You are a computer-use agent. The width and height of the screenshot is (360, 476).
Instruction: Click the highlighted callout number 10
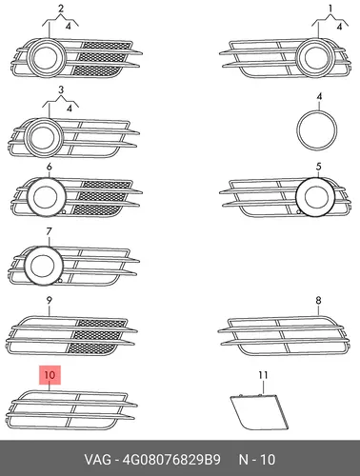point(50,375)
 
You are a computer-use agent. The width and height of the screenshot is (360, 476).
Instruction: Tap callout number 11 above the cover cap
point(263,375)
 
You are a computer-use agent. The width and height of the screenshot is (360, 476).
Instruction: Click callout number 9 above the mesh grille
point(49,300)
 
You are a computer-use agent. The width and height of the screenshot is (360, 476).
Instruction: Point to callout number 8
point(318,300)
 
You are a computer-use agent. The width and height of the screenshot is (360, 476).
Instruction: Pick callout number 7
point(49,231)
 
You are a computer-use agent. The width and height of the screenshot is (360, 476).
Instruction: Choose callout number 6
point(49,167)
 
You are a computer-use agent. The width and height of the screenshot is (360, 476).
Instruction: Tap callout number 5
point(318,167)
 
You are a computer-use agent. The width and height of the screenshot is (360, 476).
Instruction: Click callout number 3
point(61,90)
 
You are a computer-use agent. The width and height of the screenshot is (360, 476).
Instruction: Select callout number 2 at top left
point(61,9)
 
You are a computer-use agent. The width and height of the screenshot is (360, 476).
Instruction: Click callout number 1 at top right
point(330,9)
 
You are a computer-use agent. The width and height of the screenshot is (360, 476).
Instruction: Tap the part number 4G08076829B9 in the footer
point(171,460)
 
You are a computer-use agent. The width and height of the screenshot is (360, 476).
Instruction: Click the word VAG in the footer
point(98,460)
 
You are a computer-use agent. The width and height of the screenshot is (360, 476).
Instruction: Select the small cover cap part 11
point(259,411)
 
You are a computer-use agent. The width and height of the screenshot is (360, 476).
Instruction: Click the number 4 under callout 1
point(339,27)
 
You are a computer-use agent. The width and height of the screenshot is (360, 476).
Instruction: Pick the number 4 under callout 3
point(70,109)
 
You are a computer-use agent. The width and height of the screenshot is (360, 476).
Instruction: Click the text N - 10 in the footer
point(257,460)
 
